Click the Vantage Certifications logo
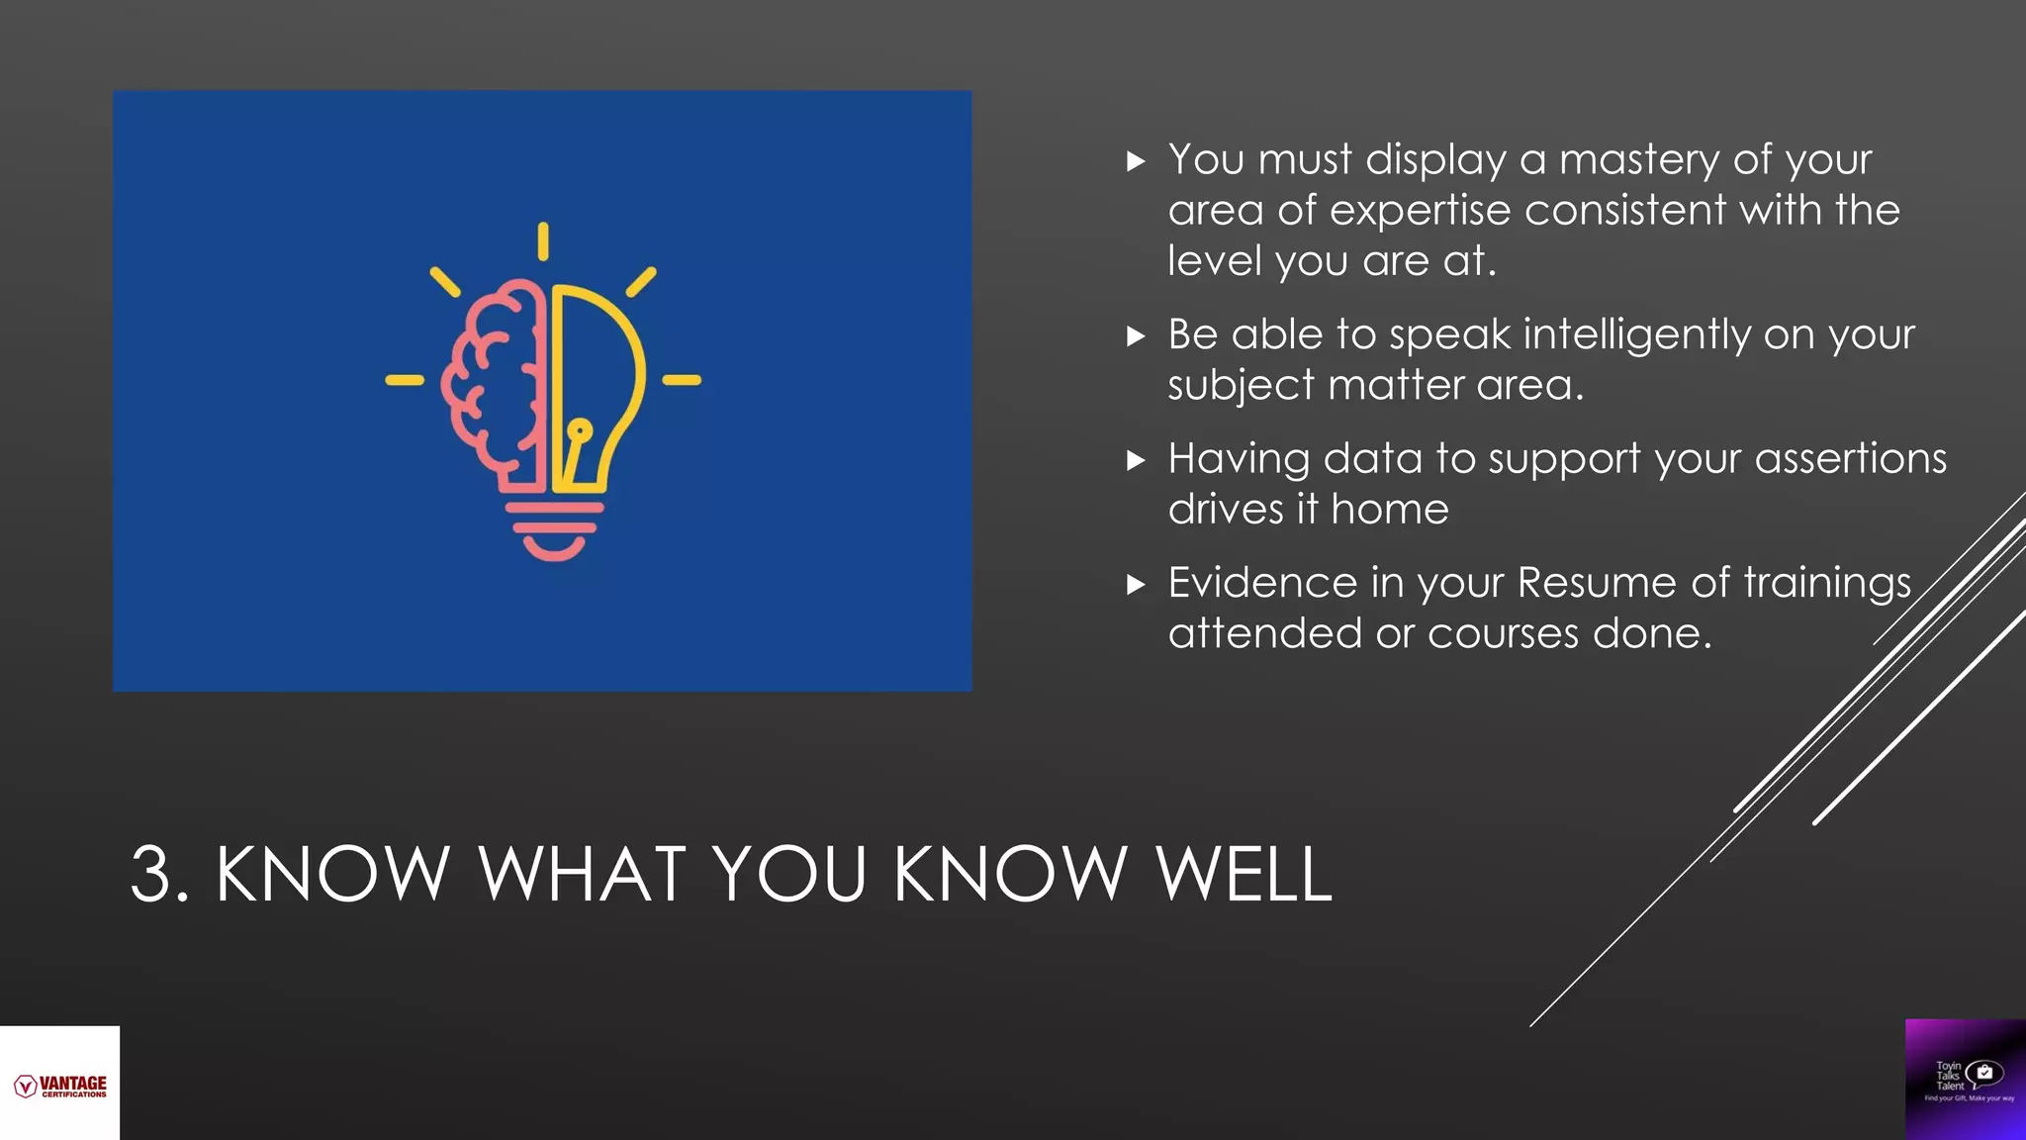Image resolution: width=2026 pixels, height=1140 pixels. (x=60, y=1086)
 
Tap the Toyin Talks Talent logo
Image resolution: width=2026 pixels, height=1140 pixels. (x=1965, y=1079)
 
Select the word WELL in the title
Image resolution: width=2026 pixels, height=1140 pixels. (x=1243, y=875)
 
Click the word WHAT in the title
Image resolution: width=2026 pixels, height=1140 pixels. (x=582, y=875)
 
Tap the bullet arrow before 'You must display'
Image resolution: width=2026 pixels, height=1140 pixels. (x=1136, y=161)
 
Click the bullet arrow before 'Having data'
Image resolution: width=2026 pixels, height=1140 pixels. (x=1136, y=460)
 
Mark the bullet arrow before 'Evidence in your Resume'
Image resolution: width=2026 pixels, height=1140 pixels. (x=1136, y=584)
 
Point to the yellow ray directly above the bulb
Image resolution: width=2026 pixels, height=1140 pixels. (x=543, y=241)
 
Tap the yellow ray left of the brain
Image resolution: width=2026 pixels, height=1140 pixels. (x=404, y=380)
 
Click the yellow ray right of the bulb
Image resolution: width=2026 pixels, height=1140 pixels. (x=681, y=380)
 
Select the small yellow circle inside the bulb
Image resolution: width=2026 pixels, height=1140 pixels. (x=580, y=429)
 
